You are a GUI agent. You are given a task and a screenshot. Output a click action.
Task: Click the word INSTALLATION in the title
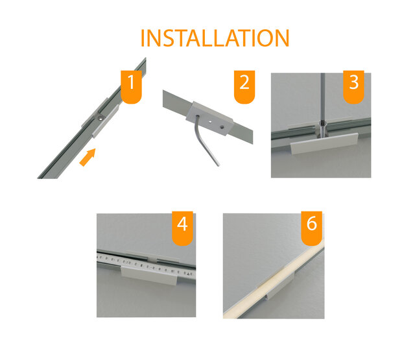[x=215, y=38]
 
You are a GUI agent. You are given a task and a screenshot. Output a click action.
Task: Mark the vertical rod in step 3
[x=322, y=97]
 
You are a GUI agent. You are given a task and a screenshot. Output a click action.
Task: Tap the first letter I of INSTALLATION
[x=143, y=38]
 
